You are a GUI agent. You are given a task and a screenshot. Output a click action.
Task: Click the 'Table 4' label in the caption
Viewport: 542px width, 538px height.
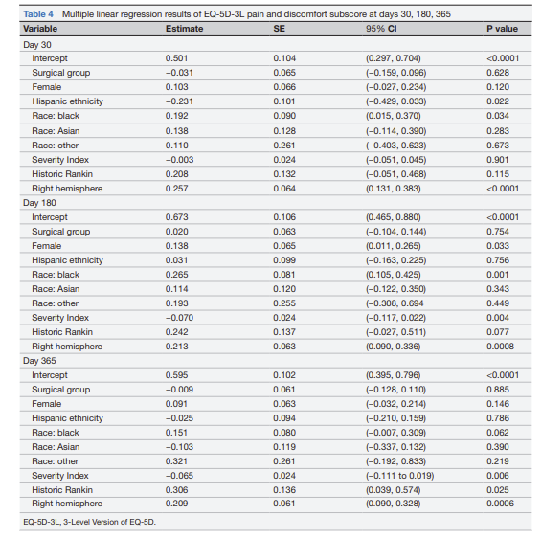(x=38, y=14)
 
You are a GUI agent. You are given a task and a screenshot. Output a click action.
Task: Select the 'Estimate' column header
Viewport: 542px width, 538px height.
(x=184, y=29)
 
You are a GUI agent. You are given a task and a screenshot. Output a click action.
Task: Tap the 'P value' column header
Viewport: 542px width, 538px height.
(x=502, y=29)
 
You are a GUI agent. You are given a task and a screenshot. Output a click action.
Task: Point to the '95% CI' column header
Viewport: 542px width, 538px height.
(x=381, y=29)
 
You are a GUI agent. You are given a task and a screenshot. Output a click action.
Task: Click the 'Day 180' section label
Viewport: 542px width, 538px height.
(x=39, y=203)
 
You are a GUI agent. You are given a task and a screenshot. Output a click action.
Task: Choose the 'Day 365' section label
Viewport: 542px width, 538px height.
(x=39, y=360)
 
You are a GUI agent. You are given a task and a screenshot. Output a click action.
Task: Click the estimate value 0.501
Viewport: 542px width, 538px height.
(x=176, y=58)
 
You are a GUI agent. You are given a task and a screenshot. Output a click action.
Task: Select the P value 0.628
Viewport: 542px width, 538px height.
(x=498, y=73)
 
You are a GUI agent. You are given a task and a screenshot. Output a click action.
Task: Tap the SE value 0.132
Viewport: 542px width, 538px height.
(x=284, y=174)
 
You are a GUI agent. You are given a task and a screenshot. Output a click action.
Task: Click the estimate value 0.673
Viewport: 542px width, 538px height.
(x=176, y=217)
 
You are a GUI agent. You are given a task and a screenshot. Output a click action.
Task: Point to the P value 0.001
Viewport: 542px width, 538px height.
(x=498, y=275)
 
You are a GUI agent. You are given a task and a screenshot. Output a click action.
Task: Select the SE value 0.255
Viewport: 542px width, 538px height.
(x=284, y=303)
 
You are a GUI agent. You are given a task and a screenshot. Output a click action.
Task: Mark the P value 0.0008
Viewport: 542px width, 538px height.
(x=500, y=347)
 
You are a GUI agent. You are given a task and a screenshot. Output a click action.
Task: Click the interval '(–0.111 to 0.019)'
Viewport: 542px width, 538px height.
(x=400, y=476)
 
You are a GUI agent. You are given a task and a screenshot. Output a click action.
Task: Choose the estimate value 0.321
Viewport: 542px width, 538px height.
(x=176, y=461)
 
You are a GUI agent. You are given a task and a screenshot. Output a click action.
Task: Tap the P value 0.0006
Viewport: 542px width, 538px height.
(x=500, y=504)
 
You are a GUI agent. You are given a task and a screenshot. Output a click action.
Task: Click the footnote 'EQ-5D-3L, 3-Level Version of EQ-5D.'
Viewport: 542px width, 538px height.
(x=89, y=522)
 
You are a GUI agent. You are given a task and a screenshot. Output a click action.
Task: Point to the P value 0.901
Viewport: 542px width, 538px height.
(x=498, y=160)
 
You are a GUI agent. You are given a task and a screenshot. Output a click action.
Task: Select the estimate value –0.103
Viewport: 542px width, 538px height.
(x=179, y=447)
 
